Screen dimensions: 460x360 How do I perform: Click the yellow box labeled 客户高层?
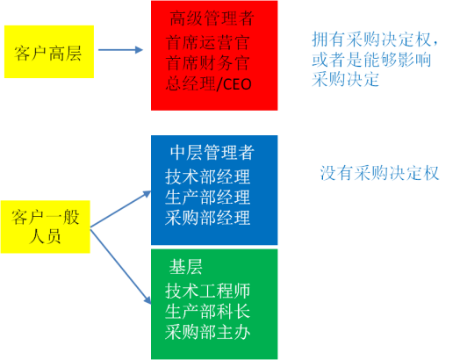[49, 52]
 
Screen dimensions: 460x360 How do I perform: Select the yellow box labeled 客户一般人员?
[45, 227]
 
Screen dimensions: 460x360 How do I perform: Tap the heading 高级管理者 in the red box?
[212, 18]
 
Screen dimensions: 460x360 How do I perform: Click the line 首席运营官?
[208, 42]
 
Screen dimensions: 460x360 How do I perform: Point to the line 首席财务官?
[208, 63]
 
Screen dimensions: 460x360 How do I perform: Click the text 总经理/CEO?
[208, 84]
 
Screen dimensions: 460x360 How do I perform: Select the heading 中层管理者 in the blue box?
[212, 153]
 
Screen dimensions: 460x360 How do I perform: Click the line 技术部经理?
[208, 176]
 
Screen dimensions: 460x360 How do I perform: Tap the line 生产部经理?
[208, 198]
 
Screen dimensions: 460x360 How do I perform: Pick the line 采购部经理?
[208, 218]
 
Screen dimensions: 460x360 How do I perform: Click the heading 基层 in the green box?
[186, 267]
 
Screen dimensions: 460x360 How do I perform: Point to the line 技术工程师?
[208, 291]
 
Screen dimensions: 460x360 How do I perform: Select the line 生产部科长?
[208, 312]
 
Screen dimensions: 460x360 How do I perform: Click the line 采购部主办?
[208, 332]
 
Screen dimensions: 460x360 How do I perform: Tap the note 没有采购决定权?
[379, 173]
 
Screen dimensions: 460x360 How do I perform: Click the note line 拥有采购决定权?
[375, 40]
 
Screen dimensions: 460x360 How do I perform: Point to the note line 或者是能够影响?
[371, 60]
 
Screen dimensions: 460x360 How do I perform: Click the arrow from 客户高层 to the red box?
[120, 50]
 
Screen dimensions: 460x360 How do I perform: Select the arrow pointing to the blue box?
[120, 209]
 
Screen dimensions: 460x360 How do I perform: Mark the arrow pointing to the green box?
[120, 266]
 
